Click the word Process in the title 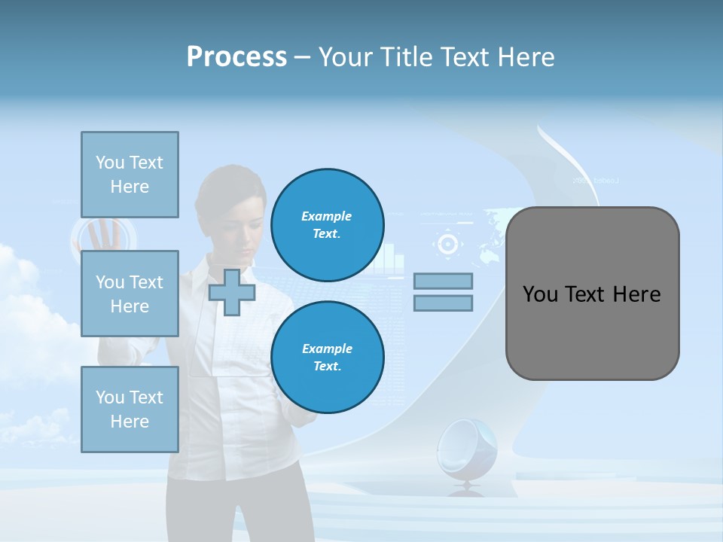tap(236, 56)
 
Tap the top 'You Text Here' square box tap(130, 175)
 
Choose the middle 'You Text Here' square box tap(130, 294)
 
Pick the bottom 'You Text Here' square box tap(130, 410)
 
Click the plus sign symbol tap(232, 292)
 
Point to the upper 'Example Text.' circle tap(327, 224)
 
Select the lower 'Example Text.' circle tap(327, 357)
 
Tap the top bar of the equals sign tap(444, 281)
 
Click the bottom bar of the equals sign tap(444, 303)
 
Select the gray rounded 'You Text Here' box tap(592, 294)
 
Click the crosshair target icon tap(447, 244)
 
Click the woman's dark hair tap(226, 184)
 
